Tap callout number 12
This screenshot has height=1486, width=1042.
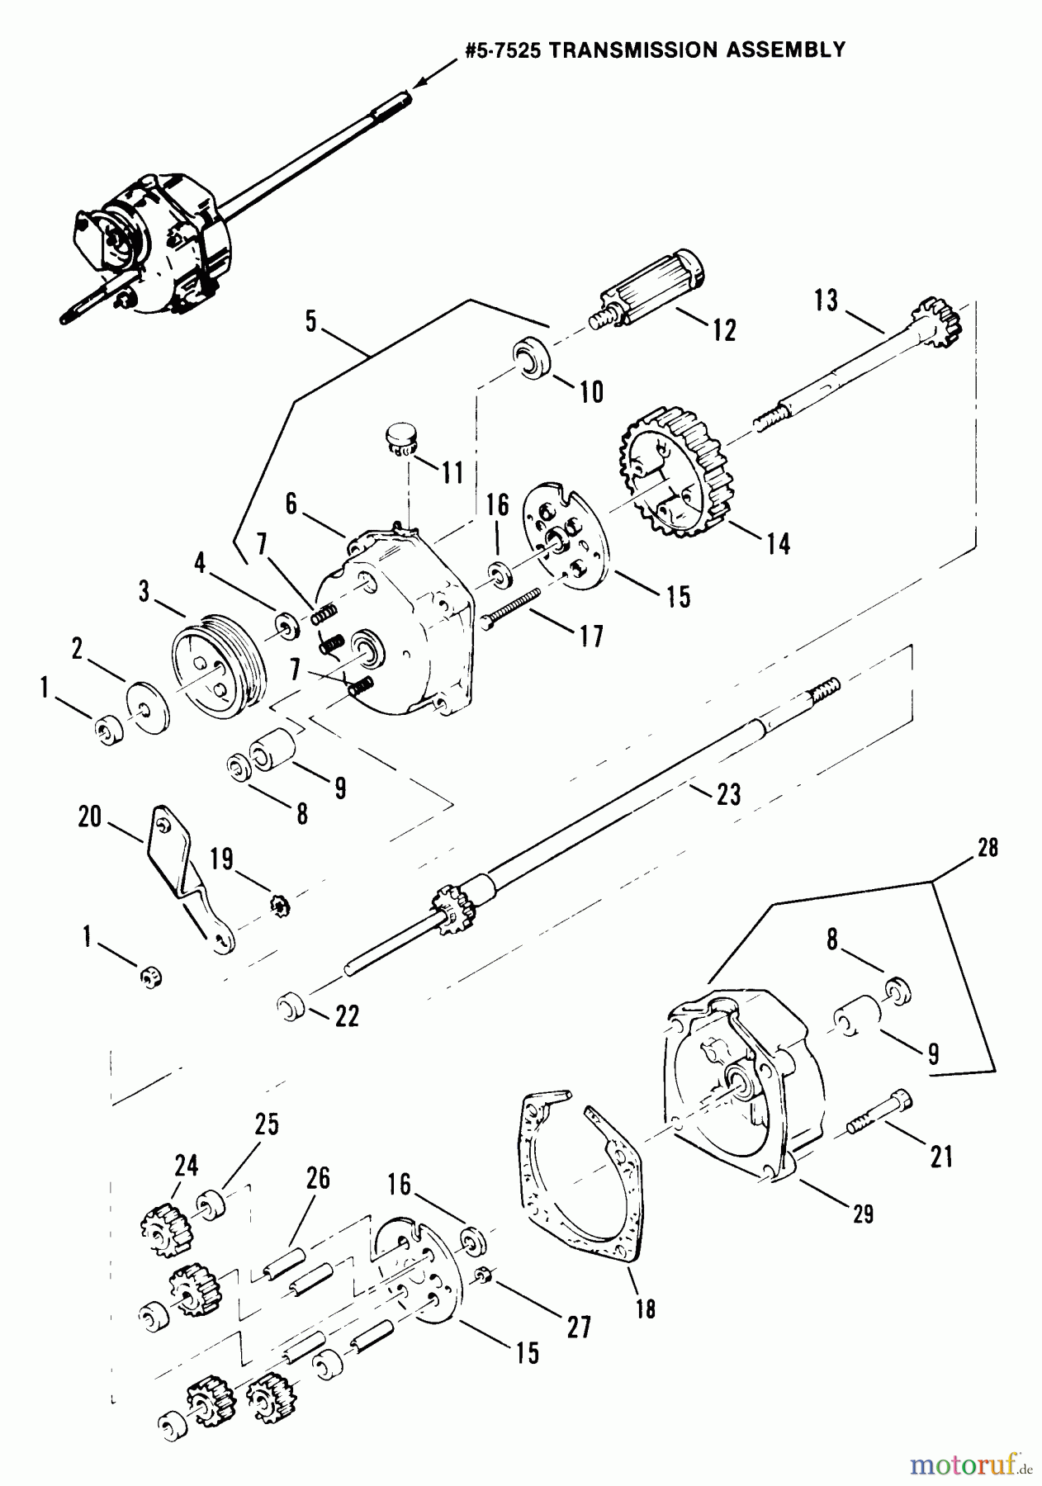point(723,329)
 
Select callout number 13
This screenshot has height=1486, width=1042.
point(826,301)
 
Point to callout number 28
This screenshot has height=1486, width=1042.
point(988,849)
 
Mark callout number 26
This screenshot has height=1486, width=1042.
point(317,1179)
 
